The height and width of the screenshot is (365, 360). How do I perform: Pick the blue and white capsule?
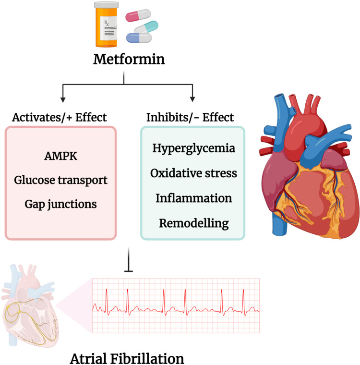point(139,38)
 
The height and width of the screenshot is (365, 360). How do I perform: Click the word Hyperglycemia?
point(193,148)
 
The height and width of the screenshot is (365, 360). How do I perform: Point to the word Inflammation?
point(193,198)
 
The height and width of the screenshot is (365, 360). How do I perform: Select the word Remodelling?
point(193,223)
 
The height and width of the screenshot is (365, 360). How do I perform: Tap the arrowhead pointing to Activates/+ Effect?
point(63,99)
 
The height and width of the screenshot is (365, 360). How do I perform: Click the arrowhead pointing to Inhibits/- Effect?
point(192,99)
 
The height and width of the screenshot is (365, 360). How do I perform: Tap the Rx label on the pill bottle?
point(107,24)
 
